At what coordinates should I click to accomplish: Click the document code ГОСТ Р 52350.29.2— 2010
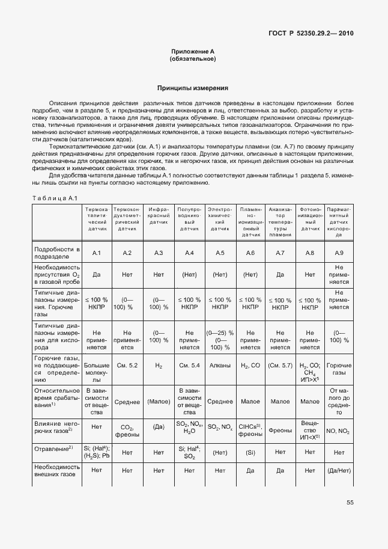pyautogui.click(x=311, y=33)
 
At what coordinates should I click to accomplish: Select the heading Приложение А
pyautogui.click(x=193, y=52)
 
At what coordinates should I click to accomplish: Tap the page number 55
pyautogui.click(x=350, y=503)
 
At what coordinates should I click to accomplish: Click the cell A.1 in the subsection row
pyautogui.click(x=96, y=253)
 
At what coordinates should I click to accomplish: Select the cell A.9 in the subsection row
pyautogui.click(x=339, y=253)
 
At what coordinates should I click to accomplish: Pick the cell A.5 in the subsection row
pyautogui.click(x=219, y=253)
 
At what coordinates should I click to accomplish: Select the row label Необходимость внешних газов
pyautogui.click(x=57, y=471)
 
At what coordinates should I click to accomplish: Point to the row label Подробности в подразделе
pyautogui.click(x=57, y=253)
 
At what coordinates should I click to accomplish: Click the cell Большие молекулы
pyautogui.click(x=96, y=369)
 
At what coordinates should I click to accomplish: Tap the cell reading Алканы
pyautogui.click(x=219, y=365)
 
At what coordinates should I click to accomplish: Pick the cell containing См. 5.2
pyautogui.click(x=127, y=365)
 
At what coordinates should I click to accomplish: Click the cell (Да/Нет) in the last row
pyautogui.click(x=339, y=471)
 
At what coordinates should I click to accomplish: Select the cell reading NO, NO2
pyautogui.click(x=339, y=431)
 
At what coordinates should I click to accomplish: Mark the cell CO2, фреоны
pyautogui.click(x=127, y=431)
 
